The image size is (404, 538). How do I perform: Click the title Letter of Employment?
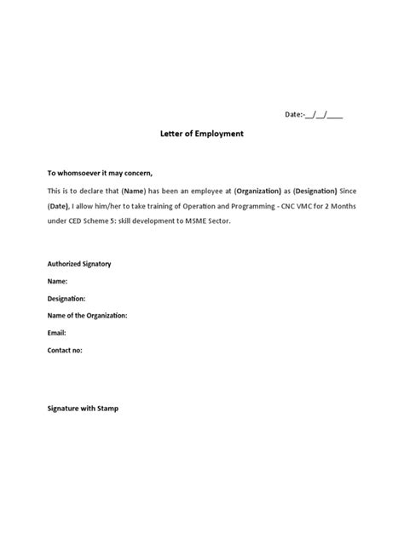[x=202, y=134]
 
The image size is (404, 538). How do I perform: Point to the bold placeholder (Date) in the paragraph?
[x=60, y=206]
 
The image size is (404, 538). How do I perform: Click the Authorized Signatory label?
[x=79, y=264]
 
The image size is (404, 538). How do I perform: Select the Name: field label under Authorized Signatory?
[x=57, y=281]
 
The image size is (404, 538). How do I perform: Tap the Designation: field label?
[x=66, y=298]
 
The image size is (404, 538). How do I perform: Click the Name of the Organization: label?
[x=87, y=315]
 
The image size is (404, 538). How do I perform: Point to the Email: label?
[x=56, y=332]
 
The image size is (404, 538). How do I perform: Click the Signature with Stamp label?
[x=83, y=409]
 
